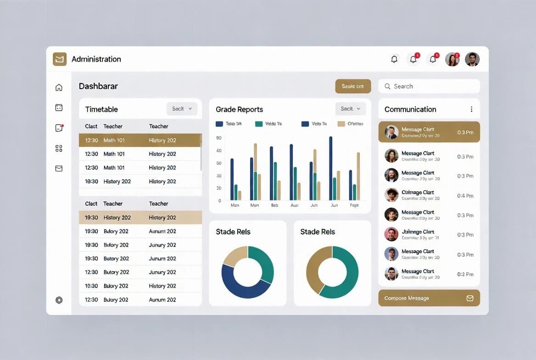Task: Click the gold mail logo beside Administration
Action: (60, 59)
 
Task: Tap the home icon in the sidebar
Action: (59, 87)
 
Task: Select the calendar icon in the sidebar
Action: (59, 107)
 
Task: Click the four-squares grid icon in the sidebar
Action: (59, 148)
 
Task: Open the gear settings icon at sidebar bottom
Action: (59, 300)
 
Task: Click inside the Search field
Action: (429, 86)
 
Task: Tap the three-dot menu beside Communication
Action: (471, 109)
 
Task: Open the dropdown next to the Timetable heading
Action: (182, 109)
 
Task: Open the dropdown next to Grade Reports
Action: (351, 109)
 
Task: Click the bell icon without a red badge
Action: (394, 59)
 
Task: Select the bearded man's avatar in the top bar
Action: (472, 59)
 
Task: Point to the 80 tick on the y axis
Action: (218, 138)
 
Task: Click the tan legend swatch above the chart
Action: (341, 124)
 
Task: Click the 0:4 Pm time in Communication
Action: (465, 196)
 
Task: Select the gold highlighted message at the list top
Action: (429, 132)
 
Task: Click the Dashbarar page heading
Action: (98, 86)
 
